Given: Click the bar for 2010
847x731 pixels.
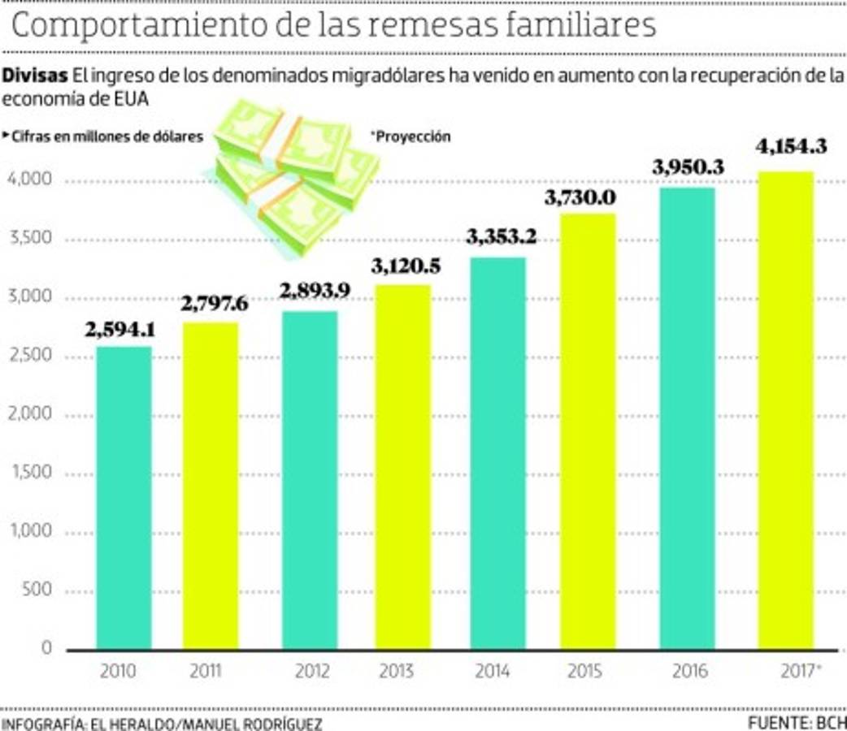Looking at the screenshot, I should point(124,497).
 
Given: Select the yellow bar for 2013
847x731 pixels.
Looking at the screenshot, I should point(403,467).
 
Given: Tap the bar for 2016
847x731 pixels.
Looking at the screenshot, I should point(687,418).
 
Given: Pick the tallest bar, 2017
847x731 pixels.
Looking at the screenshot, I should point(785,410).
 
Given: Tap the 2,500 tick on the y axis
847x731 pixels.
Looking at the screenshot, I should point(31,357).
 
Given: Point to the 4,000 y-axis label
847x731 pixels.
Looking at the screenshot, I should point(31,180).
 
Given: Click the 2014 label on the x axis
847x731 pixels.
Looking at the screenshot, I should point(493,672).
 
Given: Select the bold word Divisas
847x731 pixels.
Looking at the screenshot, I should point(34,76).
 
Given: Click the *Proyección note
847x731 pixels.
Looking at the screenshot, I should point(410,137).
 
